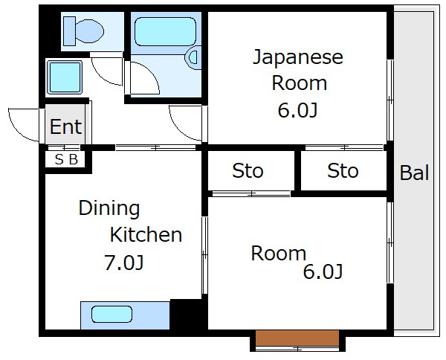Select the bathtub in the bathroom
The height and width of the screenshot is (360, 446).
165,33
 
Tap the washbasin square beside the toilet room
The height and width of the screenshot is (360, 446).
65,77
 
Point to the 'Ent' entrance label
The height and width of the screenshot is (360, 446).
65,127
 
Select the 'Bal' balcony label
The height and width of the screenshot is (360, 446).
414,173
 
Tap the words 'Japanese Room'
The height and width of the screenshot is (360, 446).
297,69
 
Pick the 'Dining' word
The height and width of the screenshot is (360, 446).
109,208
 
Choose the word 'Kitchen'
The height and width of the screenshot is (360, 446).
146,235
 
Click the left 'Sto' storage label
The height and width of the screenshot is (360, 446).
248,171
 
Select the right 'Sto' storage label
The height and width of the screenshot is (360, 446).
343,171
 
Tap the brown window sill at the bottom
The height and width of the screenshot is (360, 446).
297,338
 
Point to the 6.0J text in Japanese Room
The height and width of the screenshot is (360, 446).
297,112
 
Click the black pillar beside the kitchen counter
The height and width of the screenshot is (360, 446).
187,314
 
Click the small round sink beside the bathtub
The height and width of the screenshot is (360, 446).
195,57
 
